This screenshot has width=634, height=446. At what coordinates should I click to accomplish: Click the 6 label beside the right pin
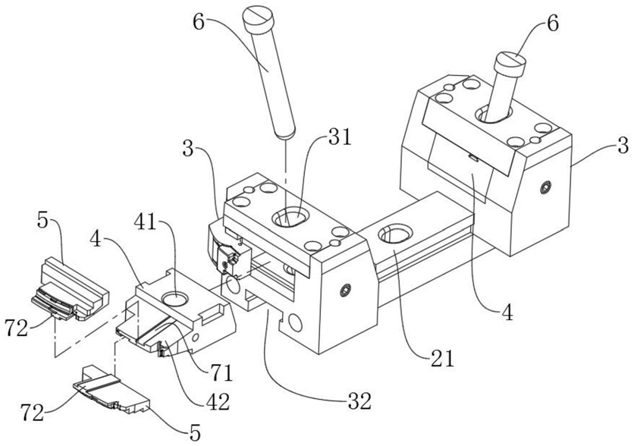point(551,23)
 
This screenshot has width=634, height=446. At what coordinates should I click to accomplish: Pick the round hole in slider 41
point(175,297)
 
